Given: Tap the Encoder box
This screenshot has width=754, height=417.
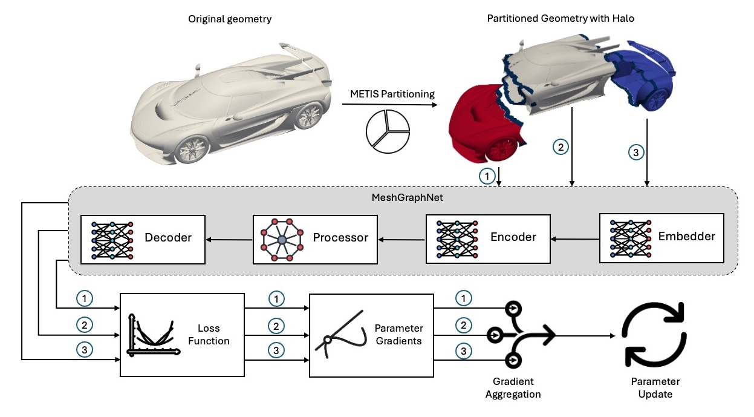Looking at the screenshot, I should tap(488, 237).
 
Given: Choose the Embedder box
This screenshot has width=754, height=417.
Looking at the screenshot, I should tap(661, 237).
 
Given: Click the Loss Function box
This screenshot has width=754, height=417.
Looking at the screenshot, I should tap(182, 334).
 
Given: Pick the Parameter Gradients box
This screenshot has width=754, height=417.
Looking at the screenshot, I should tap(371, 334).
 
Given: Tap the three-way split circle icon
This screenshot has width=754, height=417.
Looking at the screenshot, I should tap(388, 129).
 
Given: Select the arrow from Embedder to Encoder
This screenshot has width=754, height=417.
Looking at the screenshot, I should tap(574, 239).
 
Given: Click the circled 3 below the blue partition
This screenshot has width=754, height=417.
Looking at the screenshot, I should tap(634, 153).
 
